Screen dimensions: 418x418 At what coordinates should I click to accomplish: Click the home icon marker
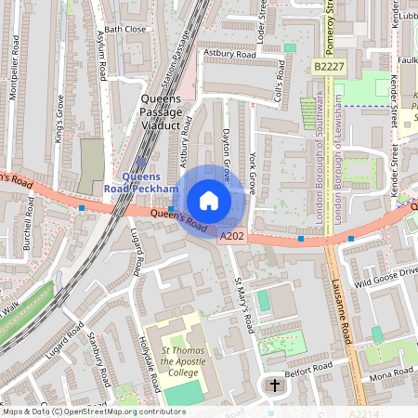click(x=209, y=200)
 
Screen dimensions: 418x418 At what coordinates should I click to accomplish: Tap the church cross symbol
click(x=274, y=385)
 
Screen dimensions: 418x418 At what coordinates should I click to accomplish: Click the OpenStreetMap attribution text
click(x=93, y=411)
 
